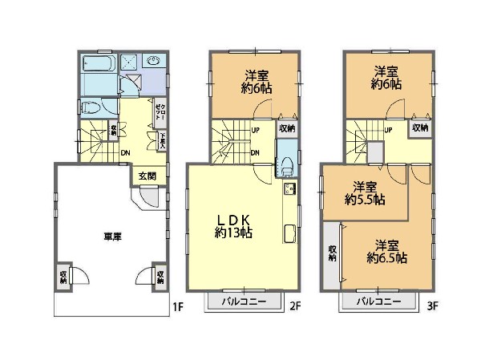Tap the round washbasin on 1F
coord(154,62)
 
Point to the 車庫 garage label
coord(111,237)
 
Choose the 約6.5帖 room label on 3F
coord(386,252)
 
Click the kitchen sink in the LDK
coord(289,190)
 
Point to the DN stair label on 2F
coord(255,152)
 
